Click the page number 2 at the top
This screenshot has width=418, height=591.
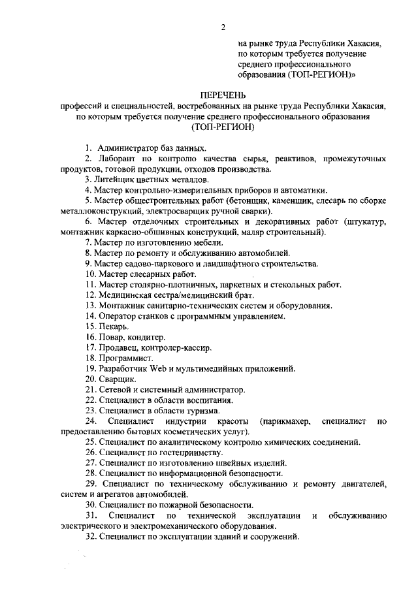(223, 27)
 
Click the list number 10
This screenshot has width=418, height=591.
(90, 274)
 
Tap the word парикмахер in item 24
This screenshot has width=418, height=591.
(288, 421)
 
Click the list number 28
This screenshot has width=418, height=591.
(90, 472)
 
